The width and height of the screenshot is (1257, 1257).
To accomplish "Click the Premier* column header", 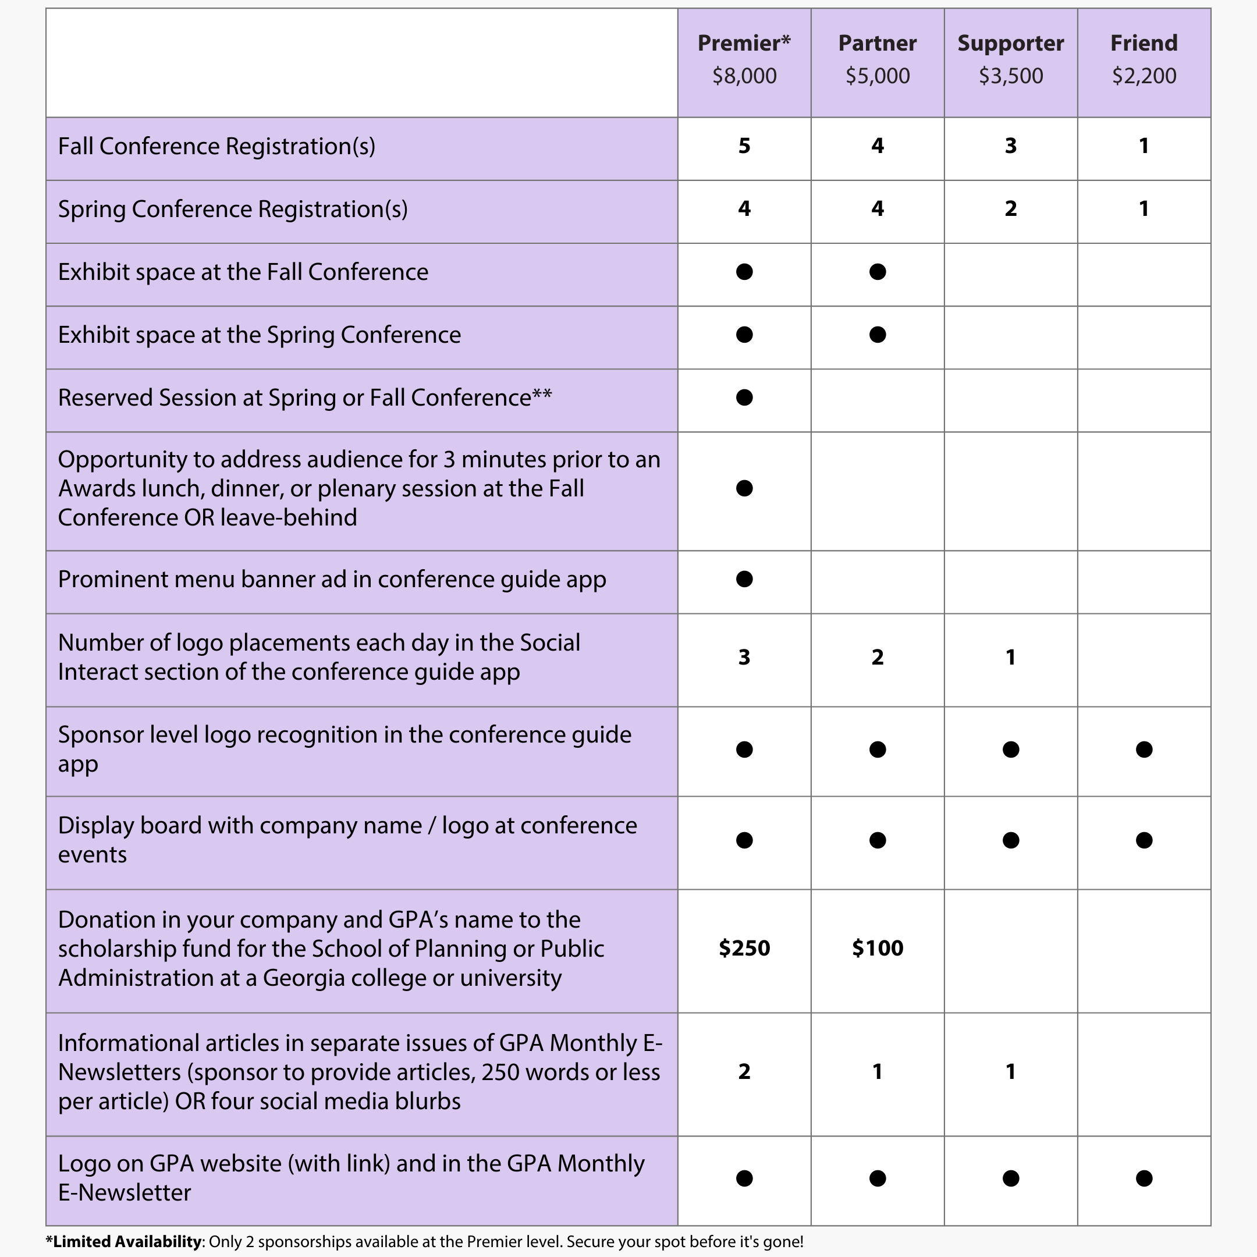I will click(744, 43).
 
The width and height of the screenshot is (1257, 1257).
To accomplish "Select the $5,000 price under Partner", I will click(877, 76).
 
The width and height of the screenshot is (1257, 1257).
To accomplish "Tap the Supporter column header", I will click(1010, 43).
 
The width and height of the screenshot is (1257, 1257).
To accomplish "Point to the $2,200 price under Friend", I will click(1144, 76).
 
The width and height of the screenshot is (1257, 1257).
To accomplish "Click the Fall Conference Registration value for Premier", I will click(744, 145).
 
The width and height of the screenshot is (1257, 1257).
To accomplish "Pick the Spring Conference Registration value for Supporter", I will click(1010, 209).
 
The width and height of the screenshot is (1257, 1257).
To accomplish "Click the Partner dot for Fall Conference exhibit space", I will click(877, 272).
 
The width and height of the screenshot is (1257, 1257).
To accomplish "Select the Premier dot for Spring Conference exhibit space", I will click(744, 335).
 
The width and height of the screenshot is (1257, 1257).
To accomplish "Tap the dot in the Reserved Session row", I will click(744, 397).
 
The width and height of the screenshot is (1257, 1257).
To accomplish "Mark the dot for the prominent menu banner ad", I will click(744, 579).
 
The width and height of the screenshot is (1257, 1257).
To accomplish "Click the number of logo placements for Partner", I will click(877, 657).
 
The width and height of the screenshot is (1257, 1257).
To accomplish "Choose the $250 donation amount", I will click(744, 948).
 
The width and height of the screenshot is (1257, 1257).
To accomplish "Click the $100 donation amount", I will click(877, 948).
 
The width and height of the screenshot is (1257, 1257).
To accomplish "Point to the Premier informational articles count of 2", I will click(744, 1071).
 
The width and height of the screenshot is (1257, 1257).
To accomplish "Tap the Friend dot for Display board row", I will click(1144, 840).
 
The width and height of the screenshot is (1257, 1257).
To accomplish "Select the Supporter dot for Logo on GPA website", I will click(1010, 1178).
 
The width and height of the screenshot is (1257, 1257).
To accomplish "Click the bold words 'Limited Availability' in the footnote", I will click(127, 1241).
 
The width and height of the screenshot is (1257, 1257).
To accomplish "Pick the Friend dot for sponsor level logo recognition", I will click(1144, 750).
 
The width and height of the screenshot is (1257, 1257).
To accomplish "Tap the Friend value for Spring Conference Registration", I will click(1144, 209).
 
